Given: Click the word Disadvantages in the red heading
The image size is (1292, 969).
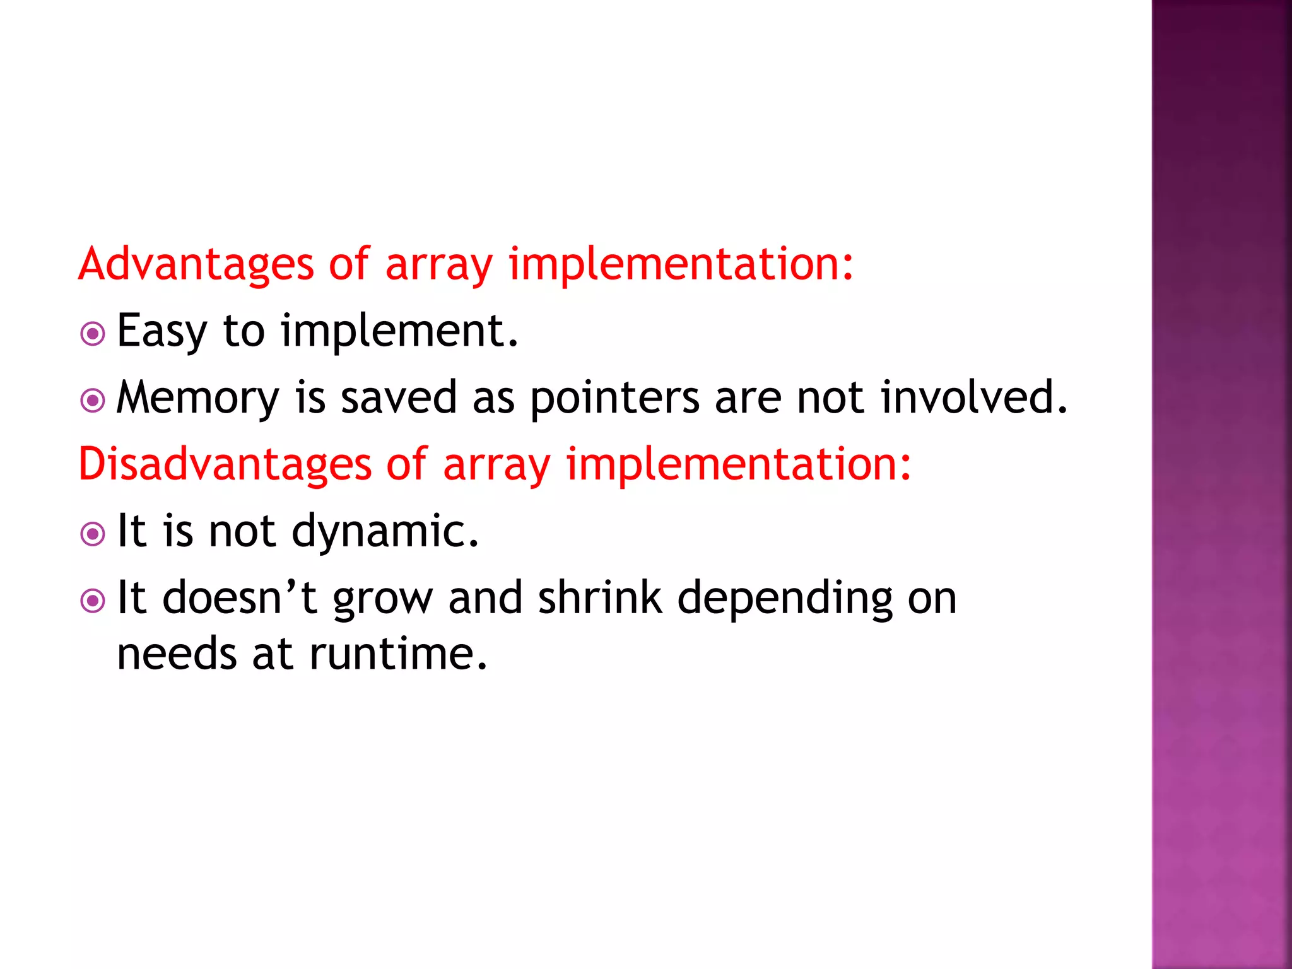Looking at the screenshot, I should click(x=225, y=464).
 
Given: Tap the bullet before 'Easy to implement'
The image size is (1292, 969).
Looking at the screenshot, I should click(x=93, y=334).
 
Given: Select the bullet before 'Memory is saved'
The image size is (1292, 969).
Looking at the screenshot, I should click(x=93, y=401).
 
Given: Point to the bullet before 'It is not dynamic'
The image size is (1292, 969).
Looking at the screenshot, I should click(x=93, y=534).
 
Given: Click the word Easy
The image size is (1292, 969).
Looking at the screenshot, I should click(x=161, y=331).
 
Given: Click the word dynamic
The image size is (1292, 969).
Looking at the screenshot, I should click(x=385, y=531).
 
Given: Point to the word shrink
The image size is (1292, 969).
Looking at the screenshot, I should click(x=600, y=597).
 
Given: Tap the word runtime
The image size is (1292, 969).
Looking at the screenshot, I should click(x=398, y=654).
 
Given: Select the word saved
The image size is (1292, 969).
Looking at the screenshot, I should click(x=399, y=397).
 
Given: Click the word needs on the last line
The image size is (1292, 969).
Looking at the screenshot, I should click(x=177, y=654).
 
